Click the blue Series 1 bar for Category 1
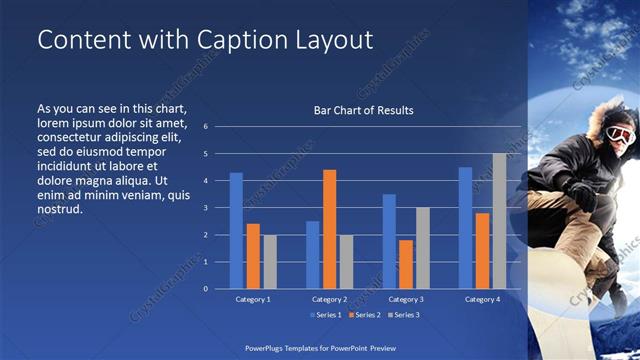coord(236,231)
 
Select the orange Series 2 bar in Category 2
coord(330,229)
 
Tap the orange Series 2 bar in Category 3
coord(406,264)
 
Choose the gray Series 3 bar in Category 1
coord(270,262)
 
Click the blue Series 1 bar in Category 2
coord(313,255)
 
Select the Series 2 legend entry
coord(363,315)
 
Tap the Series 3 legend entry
coord(403,315)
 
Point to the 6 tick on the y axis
coord(205,127)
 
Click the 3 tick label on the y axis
coord(205,208)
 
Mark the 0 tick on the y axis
coord(205,289)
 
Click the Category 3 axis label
coord(406,299)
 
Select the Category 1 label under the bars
coord(253,299)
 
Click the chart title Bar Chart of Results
coord(363,110)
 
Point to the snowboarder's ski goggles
coord(619,135)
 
